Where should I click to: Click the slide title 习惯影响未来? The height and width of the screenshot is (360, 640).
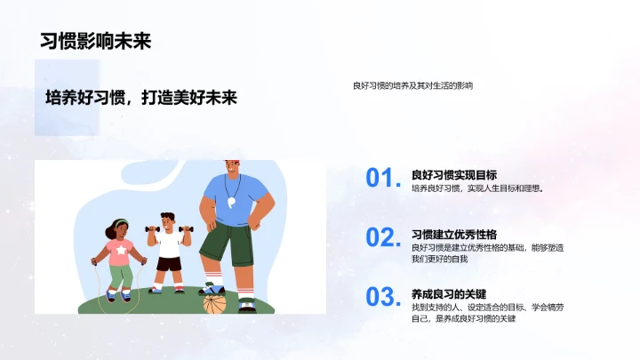tap(95, 41)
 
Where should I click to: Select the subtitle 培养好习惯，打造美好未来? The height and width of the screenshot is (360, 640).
tap(141, 98)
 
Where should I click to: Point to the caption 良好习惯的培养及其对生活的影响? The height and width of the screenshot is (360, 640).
tap(412, 85)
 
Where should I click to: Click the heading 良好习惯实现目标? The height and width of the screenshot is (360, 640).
tap(453, 174)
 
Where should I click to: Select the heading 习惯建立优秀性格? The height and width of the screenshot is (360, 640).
tap(453, 234)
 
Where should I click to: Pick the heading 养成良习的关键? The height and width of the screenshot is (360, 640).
tap(448, 293)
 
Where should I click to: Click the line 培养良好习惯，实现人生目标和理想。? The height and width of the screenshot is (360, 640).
tap(476, 188)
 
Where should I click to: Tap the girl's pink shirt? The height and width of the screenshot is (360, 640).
tap(120, 252)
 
